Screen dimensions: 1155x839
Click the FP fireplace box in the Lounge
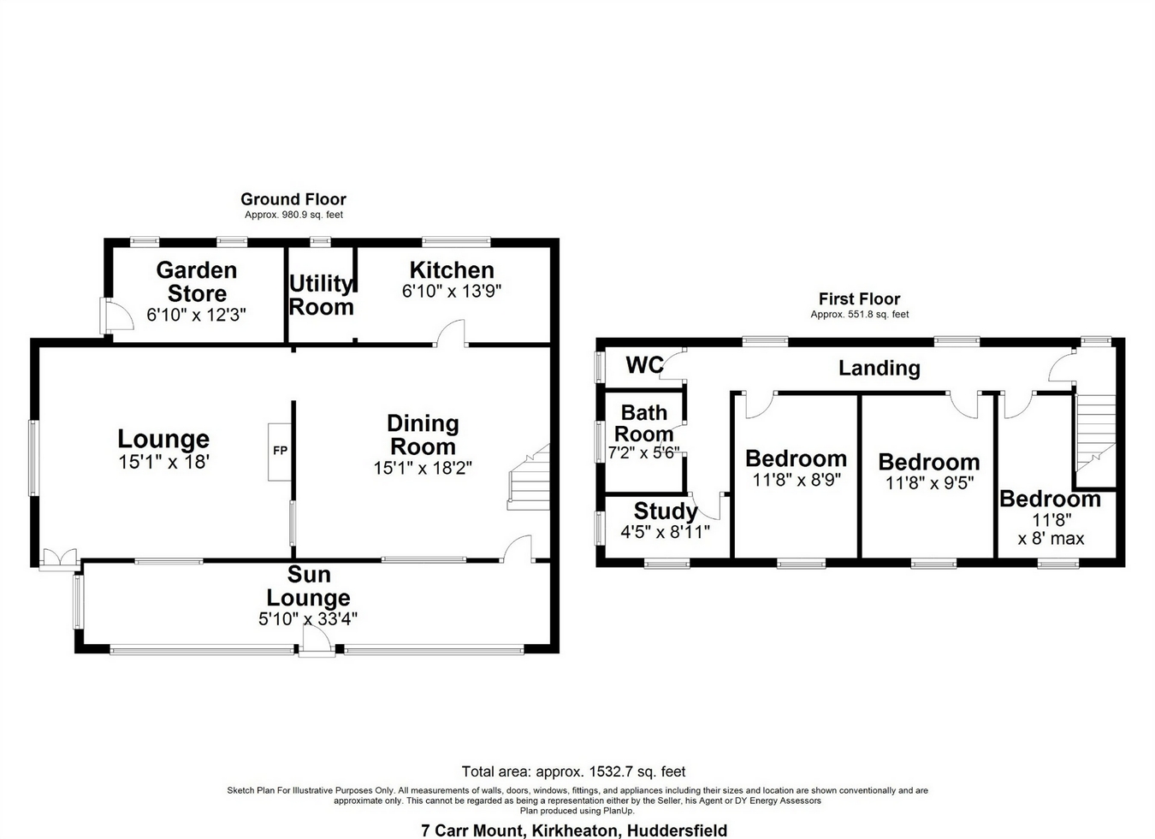tap(280, 451)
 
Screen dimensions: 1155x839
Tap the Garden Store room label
tap(197, 281)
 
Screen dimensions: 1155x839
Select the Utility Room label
tap(321, 295)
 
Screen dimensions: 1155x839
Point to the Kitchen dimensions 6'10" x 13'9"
tap(452, 291)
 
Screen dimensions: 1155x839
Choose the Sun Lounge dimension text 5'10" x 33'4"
tap(308, 618)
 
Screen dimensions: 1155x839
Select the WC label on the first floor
tap(644, 365)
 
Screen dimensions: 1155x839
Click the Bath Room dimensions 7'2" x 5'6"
tap(643, 452)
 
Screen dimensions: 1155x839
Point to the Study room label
tap(666, 511)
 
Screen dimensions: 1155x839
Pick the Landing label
tap(879, 368)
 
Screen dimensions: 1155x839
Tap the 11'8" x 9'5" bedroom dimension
tap(929, 483)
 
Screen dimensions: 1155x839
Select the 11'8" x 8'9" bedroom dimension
tap(797, 480)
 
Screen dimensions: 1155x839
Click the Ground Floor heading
tap(293, 199)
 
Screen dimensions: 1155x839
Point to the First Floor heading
tap(859, 298)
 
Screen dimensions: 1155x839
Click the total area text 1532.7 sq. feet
tap(573, 771)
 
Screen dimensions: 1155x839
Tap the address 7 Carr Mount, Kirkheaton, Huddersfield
tap(574, 830)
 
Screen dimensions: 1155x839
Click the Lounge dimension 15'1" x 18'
tap(163, 463)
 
